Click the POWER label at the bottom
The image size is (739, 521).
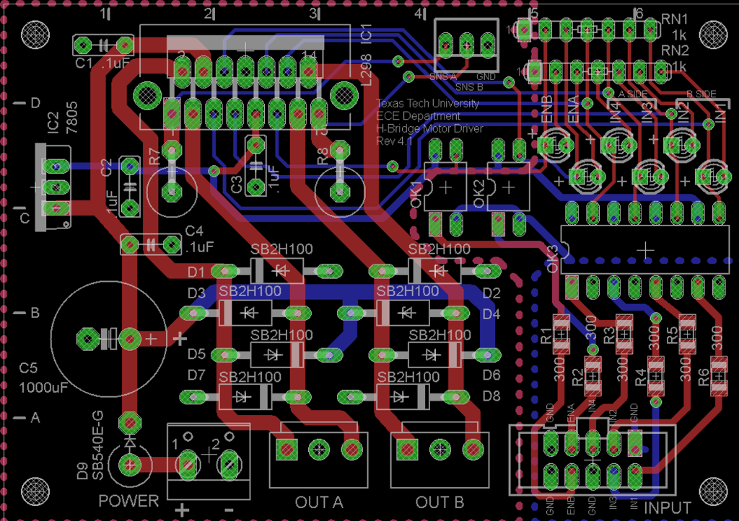coord(128,502)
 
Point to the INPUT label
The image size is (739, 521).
coord(668,508)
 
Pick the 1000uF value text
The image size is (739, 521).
coord(43,388)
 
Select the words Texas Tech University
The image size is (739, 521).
coord(427,104)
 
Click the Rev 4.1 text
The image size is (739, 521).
coord(396,141)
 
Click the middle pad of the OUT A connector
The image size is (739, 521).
coord(318,449)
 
